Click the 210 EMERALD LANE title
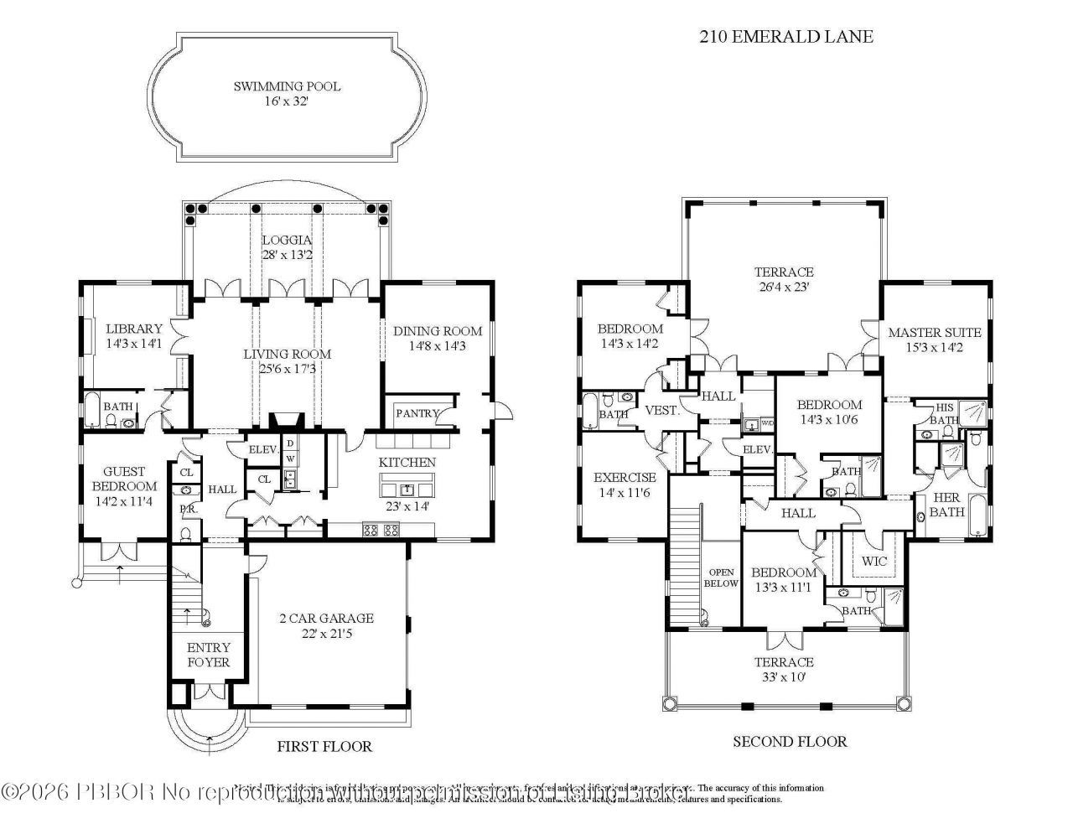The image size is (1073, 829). pyautogui.click(x=785, y=36)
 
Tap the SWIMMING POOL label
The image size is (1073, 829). pyautogui.click(x=287, y=86)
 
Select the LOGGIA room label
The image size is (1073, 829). pyautogui.click(x=286, y=240)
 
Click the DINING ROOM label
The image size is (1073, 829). pyautogui.click(x=438, y=330)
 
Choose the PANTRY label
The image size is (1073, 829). pyautogui.click(x=417, y=413)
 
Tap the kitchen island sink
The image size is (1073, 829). pyautogui.click(x=407, y=489)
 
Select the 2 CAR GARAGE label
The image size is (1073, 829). pyautogui.click(x=326, y=619)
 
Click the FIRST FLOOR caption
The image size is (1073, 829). pyautogui.click(x=324, y=746)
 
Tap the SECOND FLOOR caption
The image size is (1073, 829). pyautogui.click(x=790, y=741)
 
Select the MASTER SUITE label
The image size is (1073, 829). pyautogui.click(x=935, y=332)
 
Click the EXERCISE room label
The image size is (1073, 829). pyautogui.click(x=625, y=478)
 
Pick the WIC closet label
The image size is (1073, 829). pyautogui.click(x=873, y=561)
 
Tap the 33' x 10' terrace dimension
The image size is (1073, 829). pyautogui.click(x=783, y=676)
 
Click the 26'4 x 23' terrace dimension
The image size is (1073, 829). pyautogui.click(x=784, y=287)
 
